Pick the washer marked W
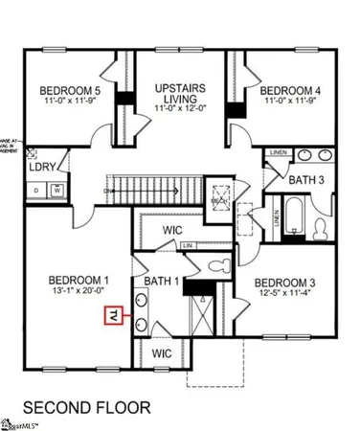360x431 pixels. [x=57, y=190]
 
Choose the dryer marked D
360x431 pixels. [x=37, y=190]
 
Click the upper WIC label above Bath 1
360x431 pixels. [x=172, y=230]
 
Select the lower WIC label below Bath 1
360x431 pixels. [x=162, y=354]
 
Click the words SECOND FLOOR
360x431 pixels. [x=86, y=407]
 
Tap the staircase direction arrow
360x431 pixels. [x=113, y=192]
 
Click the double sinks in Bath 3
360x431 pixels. [x=311, y=154]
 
